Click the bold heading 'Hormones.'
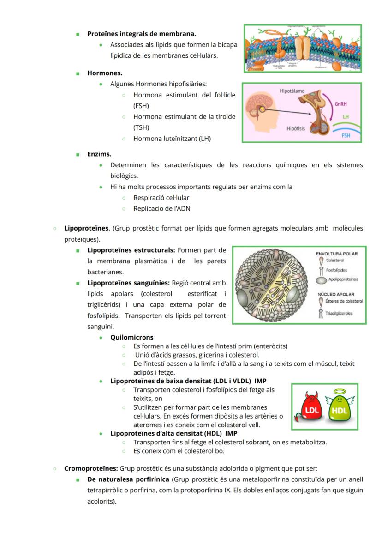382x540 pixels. coord(105,73)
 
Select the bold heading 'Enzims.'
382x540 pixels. coord(99,154)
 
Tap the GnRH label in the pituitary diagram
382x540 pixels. coord(341,104)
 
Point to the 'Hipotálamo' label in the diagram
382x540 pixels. coord(292,91)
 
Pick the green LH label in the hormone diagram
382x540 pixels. coord(346,117)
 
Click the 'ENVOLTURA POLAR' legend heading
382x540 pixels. coord(336,254)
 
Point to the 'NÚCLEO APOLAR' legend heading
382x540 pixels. coord(335,294)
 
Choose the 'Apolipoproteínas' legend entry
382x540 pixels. coord(342,279)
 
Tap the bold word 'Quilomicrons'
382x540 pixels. coord(132,338)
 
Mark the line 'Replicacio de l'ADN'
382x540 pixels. coord(161,208)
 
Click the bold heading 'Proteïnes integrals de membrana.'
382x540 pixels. coord(142,34)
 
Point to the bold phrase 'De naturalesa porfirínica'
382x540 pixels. coord(128,479)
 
